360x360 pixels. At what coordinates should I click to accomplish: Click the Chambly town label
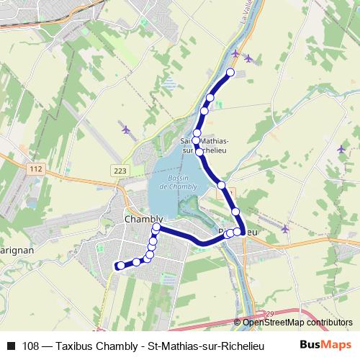144,219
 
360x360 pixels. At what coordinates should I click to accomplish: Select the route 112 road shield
35,168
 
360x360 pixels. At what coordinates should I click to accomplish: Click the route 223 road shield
120,170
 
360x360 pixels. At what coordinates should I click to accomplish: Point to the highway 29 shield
271,313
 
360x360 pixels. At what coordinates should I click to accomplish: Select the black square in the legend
10,345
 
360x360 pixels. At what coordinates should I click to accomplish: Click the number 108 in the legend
30,345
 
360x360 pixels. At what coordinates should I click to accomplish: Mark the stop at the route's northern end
230,72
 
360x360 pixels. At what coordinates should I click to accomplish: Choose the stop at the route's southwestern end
120,266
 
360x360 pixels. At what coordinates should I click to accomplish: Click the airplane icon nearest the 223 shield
126,130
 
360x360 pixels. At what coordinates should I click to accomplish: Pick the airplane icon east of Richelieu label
285,229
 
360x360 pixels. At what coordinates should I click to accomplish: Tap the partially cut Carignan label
13,246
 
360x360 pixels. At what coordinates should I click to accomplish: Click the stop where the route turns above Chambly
156,228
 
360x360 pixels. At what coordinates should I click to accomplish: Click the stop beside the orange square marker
222,185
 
